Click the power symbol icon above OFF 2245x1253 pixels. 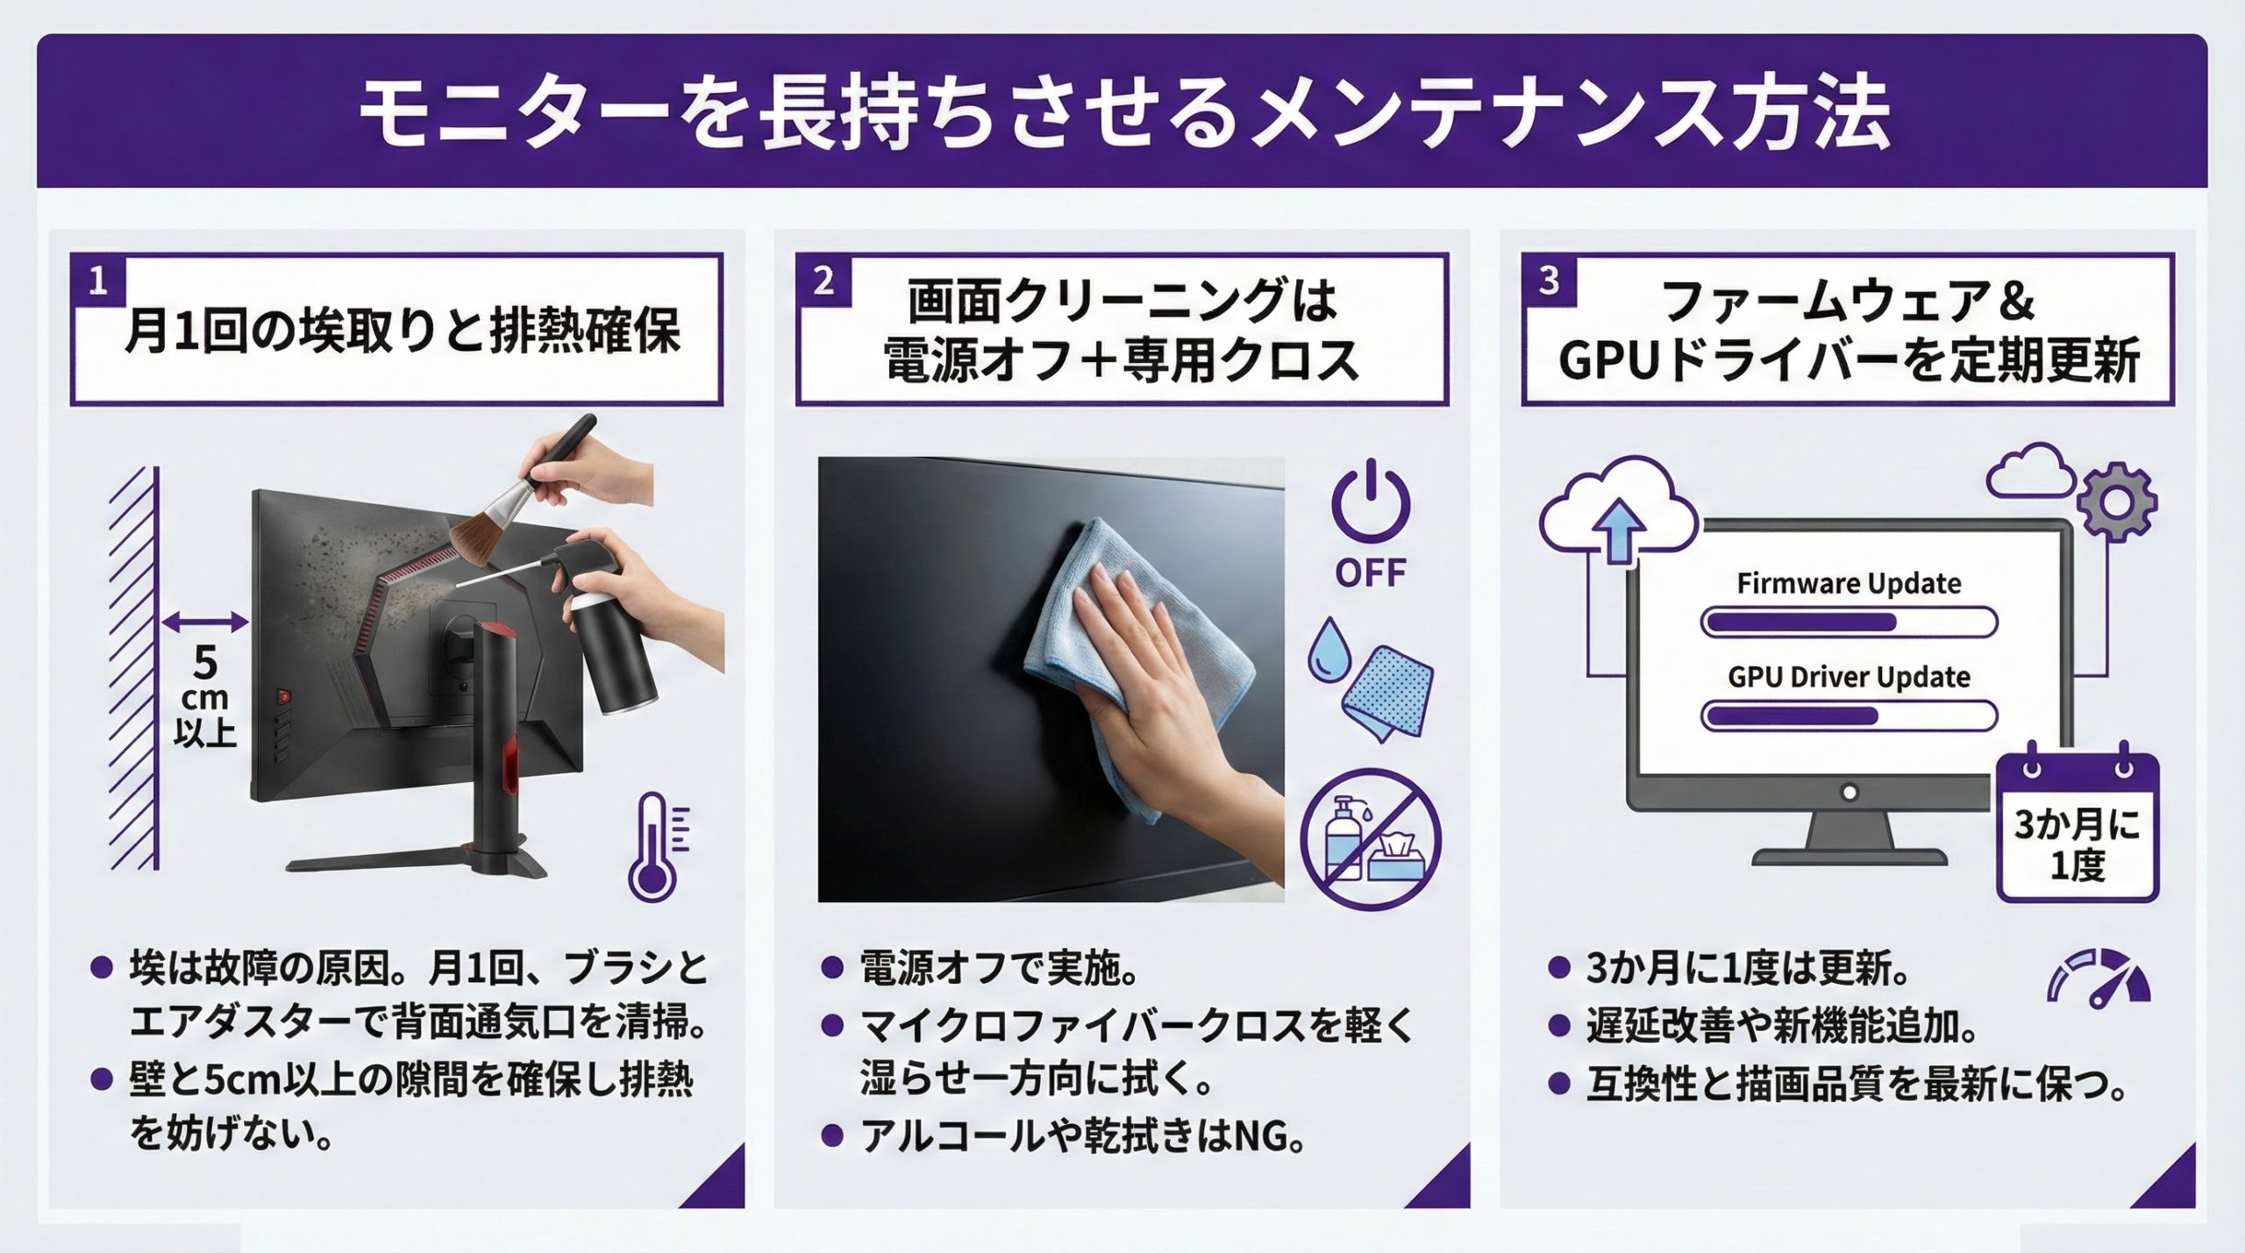point(1371,502)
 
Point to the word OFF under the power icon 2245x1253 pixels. point(1371,573)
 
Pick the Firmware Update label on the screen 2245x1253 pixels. point(1849,584)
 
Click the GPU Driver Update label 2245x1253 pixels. point(1849,677)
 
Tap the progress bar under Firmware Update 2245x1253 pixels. point(1849,623)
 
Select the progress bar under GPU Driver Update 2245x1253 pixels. point(1849,715)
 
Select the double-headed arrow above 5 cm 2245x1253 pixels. point(205,623)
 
